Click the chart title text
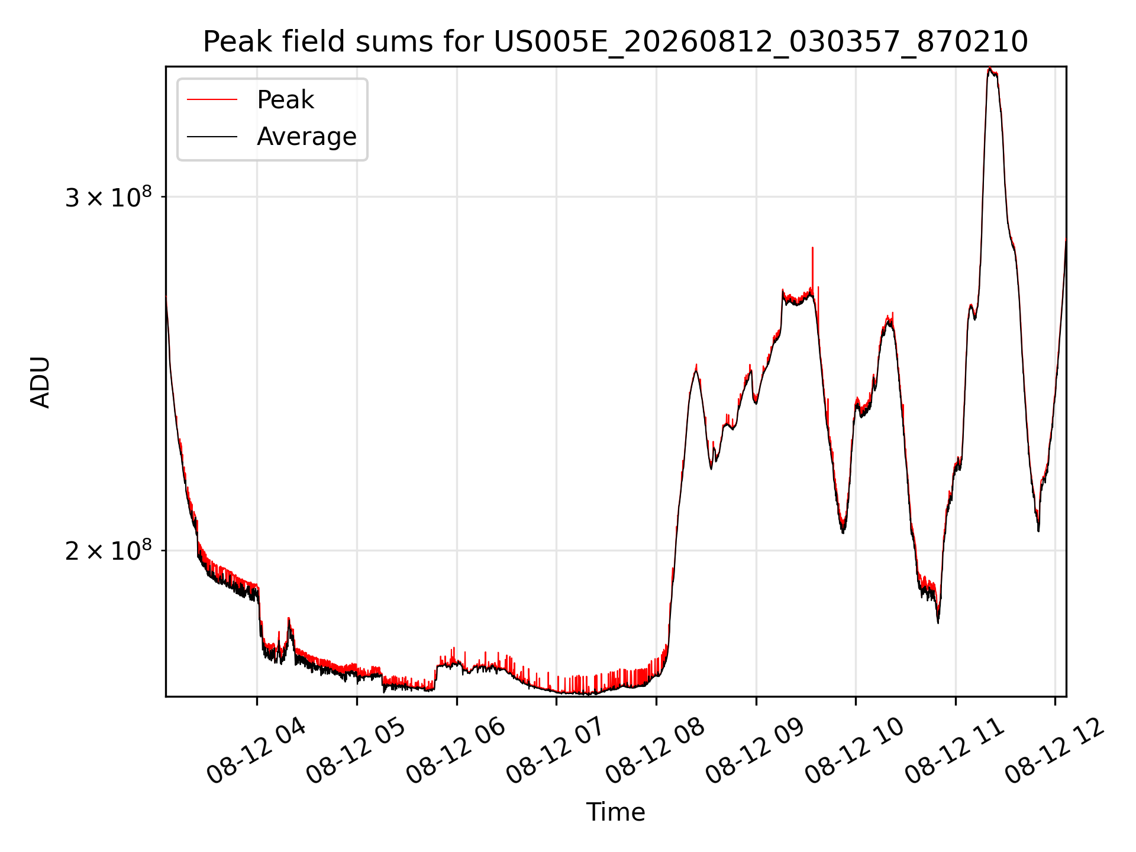coord(615,42)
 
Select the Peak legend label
coord(285,99)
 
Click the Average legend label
coord(306,137)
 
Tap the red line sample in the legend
coord(212,99)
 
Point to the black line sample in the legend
coord(212,137)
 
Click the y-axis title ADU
coord(40,382)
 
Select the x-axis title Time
coord(615,812)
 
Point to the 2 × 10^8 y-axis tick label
coord(108,550)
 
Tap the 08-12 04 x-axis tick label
coord(256,751)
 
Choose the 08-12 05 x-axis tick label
coord(356,751)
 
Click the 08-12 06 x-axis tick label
coord(456,751)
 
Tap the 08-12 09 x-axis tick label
coord(755,751)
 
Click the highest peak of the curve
coord(989,69)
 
